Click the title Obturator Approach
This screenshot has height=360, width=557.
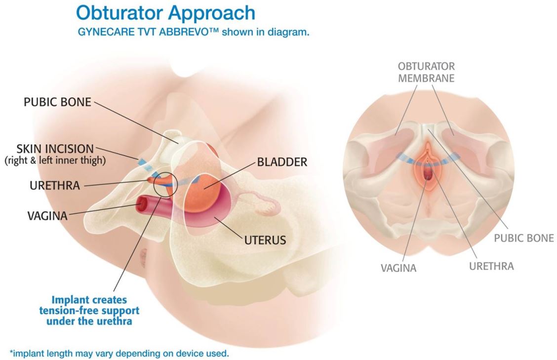(166, 13)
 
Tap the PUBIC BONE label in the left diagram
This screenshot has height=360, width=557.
(58, 102)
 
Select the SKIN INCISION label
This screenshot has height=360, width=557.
(54, 149)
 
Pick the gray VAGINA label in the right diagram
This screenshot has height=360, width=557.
(398, 268)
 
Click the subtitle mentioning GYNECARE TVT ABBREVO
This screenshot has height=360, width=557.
(193, 32)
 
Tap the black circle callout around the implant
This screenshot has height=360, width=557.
(164, 185)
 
